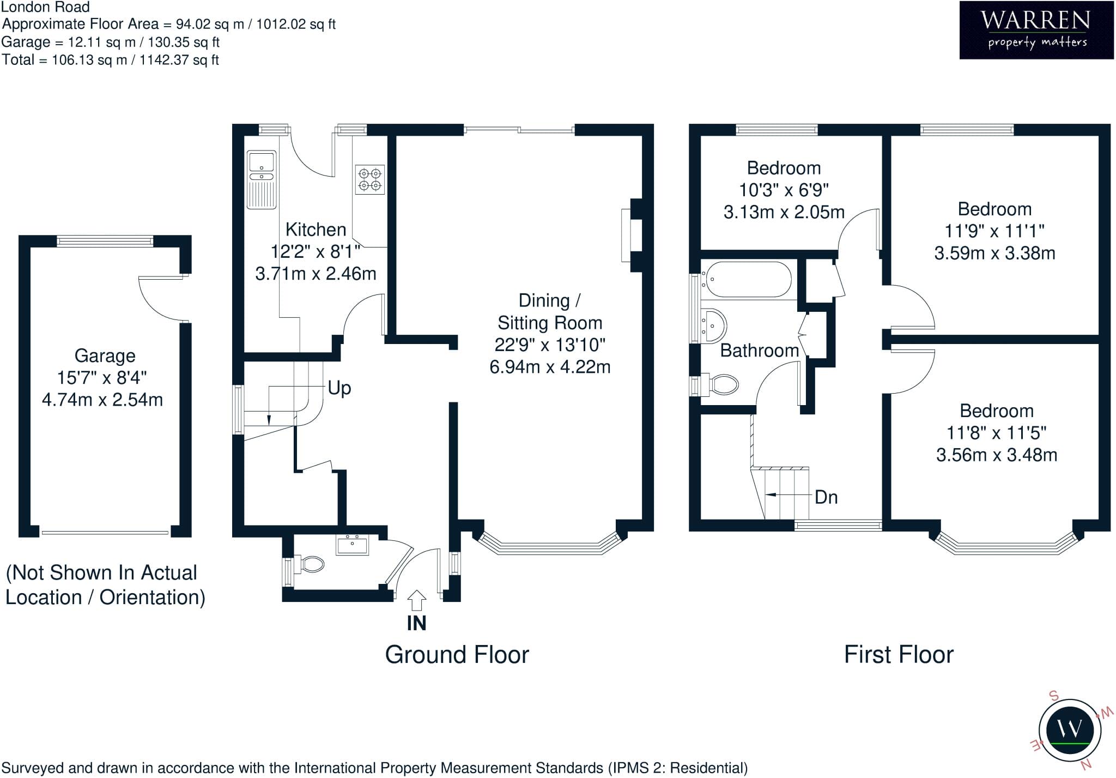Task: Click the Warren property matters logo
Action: (1036, 29)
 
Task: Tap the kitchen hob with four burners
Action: (370, 179)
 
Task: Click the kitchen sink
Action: (262, 180)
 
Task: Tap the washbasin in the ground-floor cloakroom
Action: (352, 544)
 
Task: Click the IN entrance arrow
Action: (416, 600)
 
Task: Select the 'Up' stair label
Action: (339, 388)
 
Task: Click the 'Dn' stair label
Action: (826, 497)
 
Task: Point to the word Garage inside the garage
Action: (105, 355)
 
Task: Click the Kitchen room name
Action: (316, 230)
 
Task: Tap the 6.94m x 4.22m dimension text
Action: (550, 367)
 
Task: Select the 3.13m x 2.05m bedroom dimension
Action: (784, 212)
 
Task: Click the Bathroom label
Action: (760, 350)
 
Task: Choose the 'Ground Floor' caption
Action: (457, 654)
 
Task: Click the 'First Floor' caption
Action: (899, 654)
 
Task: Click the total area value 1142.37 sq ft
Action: (179, 60)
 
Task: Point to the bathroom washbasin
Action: (713, 325)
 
